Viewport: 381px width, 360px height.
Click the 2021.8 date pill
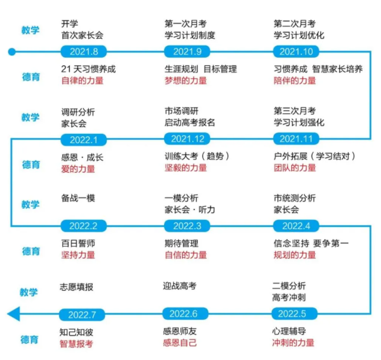83,52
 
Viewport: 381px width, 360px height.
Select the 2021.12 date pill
187,139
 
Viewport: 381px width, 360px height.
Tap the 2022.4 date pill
296,226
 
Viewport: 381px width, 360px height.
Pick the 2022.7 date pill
82,315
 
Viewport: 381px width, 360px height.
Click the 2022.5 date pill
294,314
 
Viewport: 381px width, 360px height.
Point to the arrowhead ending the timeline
14,314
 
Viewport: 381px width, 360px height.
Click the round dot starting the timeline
11,52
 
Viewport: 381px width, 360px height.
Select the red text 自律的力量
82,81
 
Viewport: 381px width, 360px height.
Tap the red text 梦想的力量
186,81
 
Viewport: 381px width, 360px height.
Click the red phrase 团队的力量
294,168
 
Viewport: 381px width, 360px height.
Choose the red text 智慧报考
76,344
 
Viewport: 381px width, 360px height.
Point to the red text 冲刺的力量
293,343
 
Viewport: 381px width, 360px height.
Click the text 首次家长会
82,35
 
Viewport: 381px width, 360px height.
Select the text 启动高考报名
190,122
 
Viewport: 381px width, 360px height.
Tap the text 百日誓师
78,243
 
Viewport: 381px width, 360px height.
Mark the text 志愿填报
76,287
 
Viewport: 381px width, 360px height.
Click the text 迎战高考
180,286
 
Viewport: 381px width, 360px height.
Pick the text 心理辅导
289,331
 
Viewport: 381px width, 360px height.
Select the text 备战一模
78,198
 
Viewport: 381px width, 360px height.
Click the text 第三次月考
294,111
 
